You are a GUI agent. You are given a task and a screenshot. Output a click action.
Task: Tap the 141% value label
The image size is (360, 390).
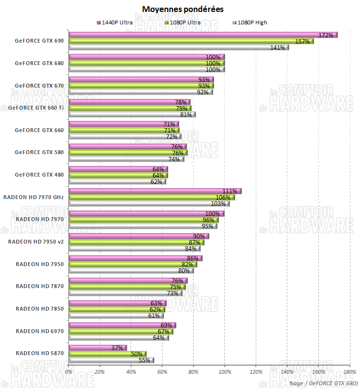[278, 47]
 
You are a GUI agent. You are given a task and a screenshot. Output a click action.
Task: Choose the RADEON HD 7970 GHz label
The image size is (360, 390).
[33, 197]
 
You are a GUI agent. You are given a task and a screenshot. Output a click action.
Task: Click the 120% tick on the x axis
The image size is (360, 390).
[256, 372]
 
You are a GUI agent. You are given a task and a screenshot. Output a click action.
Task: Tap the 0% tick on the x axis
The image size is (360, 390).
[69, 372]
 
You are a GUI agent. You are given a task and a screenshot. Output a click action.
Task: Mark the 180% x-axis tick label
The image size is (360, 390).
[349, 372]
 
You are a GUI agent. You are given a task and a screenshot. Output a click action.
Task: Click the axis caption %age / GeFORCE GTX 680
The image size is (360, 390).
[324, 383]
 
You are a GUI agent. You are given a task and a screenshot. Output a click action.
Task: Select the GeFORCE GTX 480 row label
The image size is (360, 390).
[39, 175]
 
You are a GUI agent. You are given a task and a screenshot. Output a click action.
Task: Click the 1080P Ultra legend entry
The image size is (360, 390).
[185, 22]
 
